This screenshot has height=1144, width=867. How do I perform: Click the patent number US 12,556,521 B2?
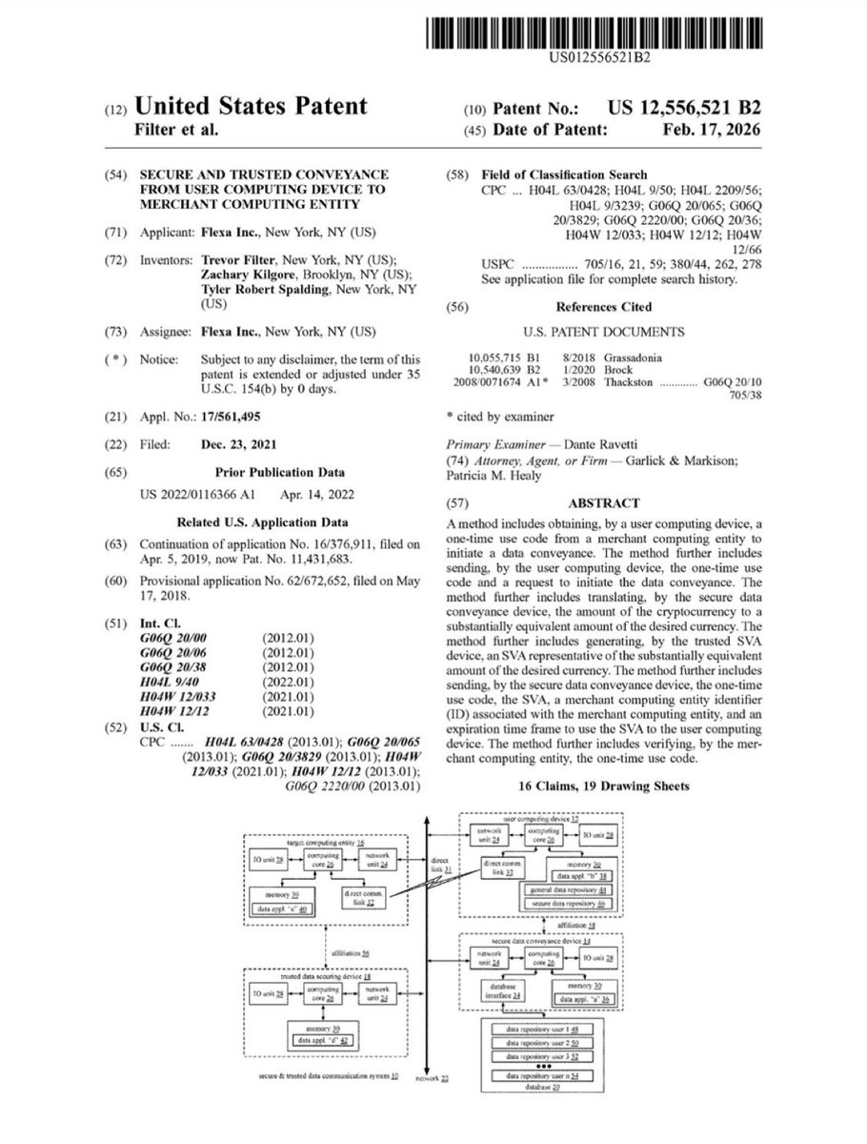tap(678, 107)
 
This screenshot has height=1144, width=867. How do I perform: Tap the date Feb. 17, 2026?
tap(715, 130)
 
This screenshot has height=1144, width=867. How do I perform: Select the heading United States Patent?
tap(251, 107)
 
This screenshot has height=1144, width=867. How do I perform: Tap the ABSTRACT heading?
tap(604, 503)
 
